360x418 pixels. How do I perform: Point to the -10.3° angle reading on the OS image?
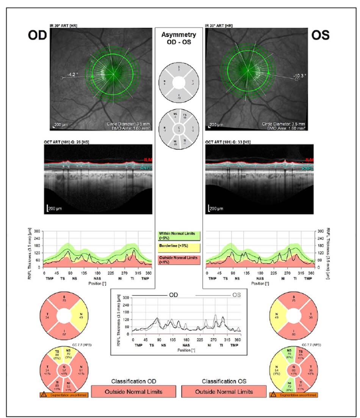pyautogui.click(x=300, y=75)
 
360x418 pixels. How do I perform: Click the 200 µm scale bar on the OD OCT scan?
pyautogui.click(x=48, y=208)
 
